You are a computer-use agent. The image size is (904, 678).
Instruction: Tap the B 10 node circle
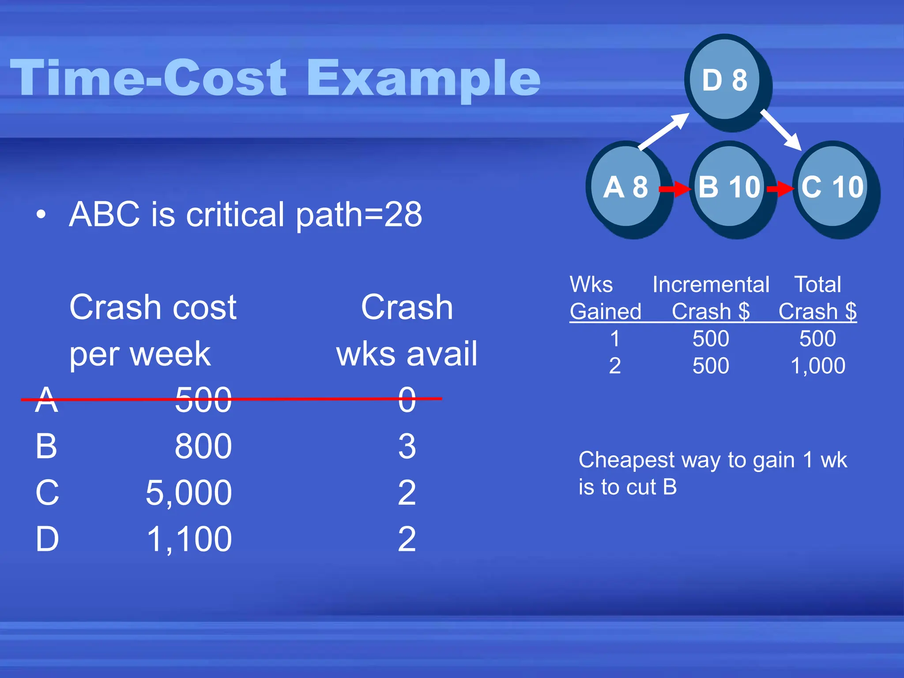[729, 187]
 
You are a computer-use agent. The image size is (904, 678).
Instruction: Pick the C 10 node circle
[832, 187]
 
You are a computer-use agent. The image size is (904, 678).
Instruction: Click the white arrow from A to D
[663, 131]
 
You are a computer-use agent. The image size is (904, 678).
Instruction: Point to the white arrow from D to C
[780, 130]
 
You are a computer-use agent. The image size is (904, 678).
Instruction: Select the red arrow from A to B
[674, 189]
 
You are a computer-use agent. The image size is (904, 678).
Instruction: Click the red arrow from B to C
[780, 189]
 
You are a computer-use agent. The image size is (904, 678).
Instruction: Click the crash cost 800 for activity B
[203, 446]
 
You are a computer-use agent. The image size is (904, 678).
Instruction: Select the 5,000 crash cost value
[189, 493]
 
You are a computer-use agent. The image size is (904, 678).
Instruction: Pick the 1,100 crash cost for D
[189, 539]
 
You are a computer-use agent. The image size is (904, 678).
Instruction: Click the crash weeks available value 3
[407, 446]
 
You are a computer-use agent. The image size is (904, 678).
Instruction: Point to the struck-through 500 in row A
[203, 400]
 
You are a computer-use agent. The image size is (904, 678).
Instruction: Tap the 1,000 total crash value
[817, 366]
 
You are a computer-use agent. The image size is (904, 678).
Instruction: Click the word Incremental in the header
[711, 285]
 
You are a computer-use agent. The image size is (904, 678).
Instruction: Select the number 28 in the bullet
[403, 215]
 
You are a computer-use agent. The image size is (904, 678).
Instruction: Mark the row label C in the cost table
[47, 493]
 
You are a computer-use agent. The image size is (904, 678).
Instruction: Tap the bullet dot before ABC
[41, 215]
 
